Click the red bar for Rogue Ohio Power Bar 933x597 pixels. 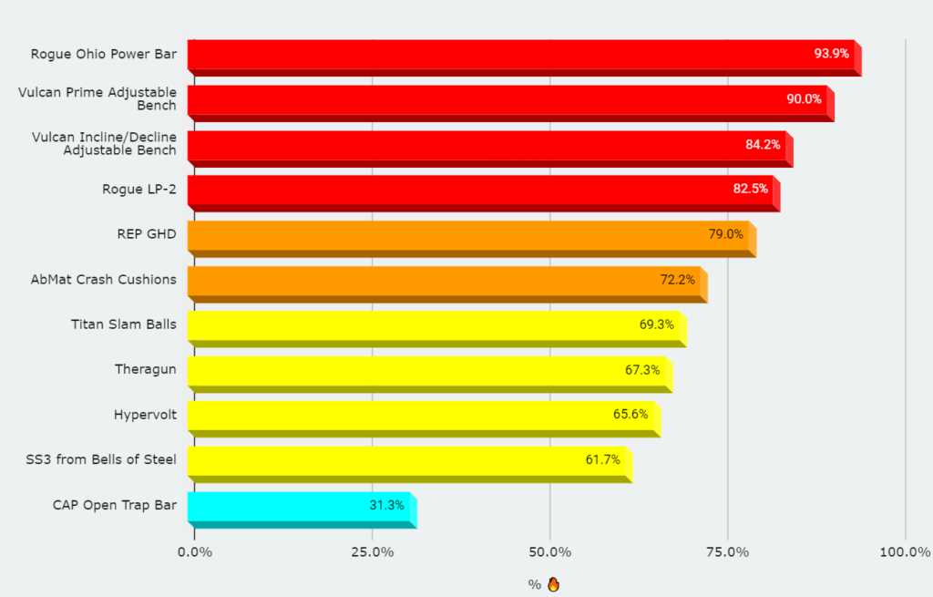coord(501,54)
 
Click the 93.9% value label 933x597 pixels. coord(831,54)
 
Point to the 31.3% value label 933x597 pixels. coord(386,505)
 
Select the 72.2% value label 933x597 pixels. coord(677,280)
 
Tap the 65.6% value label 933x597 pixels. coord(631,415)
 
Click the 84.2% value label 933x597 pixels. coord(763,144)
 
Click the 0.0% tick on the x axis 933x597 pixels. coord(194,552)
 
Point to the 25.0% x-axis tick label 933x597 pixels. coord(372,552)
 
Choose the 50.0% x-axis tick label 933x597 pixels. coord(550,552)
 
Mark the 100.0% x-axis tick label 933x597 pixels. coord(906,552)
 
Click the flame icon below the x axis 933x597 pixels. coord(553,584)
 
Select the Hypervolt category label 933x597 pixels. coord(145,415)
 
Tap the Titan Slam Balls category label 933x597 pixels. coord(123,324)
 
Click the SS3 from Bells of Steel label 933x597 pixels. coord(101,459)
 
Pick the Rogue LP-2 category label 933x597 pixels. coord(138,190)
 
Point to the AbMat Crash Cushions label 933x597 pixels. coord(103,279)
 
